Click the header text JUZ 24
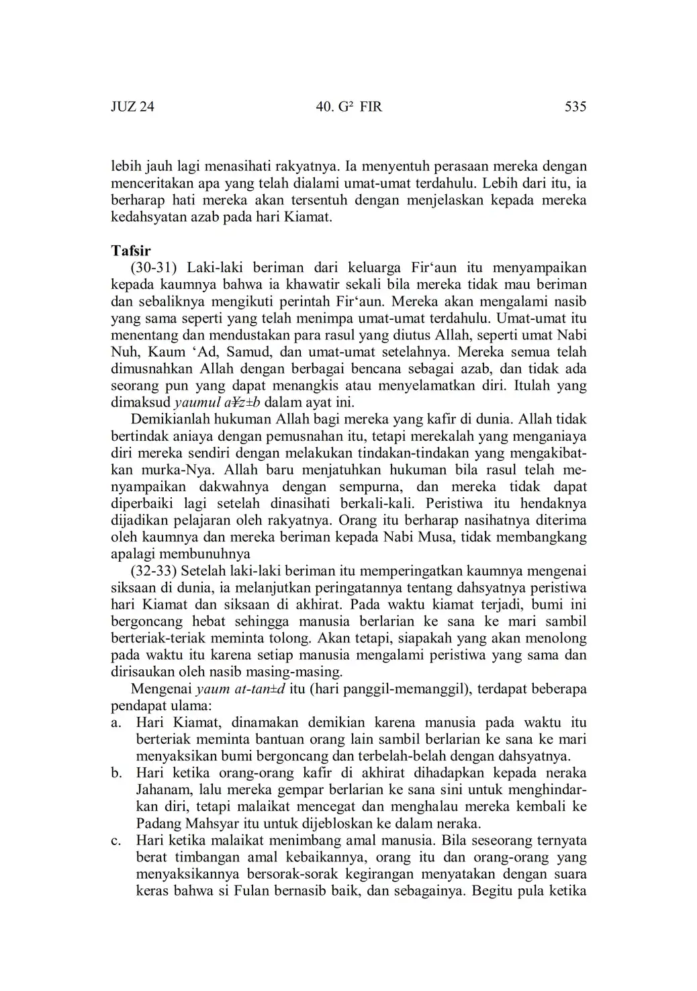132,107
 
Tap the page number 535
575,107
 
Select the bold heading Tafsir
131,251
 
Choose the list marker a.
115,723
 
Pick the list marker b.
115,773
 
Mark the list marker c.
115,841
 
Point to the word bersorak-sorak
303,875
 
